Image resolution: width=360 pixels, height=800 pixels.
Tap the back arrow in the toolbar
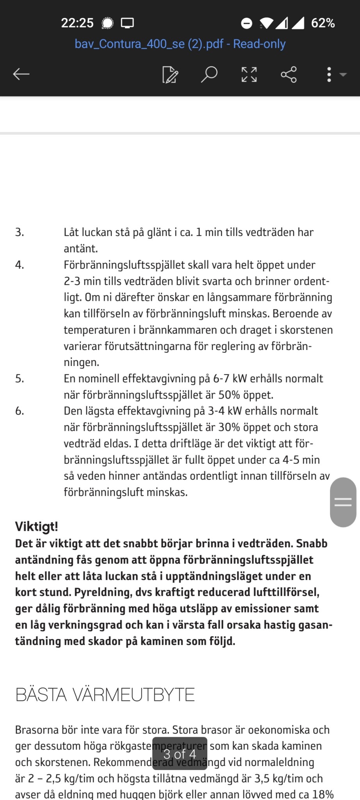(21, 74)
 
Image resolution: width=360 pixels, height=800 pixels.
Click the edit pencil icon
(170, 74)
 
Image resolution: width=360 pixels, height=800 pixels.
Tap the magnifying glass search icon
(209, 74)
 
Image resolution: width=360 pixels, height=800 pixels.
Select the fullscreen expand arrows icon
(249, 74)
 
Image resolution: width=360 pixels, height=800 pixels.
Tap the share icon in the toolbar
(289, 74)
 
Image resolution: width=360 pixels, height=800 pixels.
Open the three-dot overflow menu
(329, 74)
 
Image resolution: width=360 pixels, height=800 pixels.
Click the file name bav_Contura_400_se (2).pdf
(180, 44)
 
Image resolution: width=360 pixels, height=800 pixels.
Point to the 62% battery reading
(323, 23)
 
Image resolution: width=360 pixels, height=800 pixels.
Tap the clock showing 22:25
(77, 23)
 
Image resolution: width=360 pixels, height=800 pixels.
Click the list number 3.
(20, 232)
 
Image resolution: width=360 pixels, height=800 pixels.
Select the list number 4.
(20, 265)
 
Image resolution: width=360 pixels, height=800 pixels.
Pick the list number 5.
(20, 379)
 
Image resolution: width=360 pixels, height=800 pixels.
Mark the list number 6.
(20, 411)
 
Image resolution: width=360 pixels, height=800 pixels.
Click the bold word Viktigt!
(36, 527)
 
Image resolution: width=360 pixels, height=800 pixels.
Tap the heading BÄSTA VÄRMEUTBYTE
(105, 695)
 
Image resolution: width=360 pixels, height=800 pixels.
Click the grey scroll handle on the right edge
(343, 502)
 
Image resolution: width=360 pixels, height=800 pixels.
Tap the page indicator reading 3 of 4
(180, 754)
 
